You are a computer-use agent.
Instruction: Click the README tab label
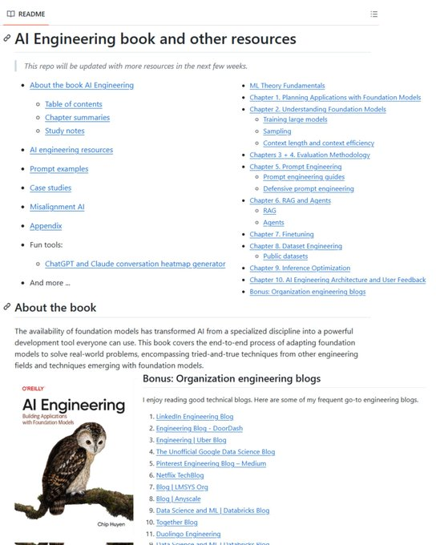30,14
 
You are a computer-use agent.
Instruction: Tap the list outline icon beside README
373,14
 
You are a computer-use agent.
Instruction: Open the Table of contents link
73,104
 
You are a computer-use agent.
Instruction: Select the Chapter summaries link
77,118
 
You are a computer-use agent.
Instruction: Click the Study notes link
64,131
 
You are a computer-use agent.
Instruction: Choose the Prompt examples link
59,169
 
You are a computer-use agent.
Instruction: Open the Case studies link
50,188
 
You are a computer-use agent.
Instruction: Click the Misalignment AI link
57,207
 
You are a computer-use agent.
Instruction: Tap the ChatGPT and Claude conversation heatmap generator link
135,264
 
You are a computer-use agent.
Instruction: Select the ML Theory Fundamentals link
287,86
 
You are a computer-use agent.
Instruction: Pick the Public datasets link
291,256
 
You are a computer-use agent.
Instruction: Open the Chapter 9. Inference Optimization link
300,268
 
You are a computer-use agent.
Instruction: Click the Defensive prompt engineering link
309,189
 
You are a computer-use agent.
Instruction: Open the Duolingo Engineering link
188,534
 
